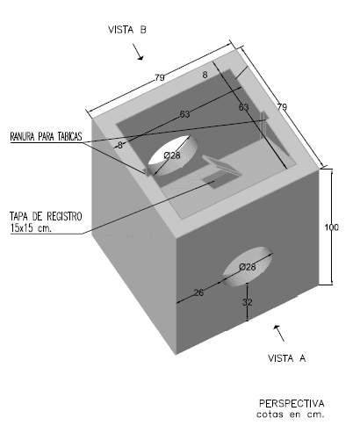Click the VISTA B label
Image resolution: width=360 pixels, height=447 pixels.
click(127, 30)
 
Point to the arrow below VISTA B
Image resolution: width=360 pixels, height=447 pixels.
click(138, 52)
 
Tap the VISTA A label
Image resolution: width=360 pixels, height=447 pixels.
click(286, 358)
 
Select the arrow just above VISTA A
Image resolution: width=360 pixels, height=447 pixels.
click(278, 333)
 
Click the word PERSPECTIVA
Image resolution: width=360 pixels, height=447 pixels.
click(292, 403)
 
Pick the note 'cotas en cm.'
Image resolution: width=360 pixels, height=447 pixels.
click(291, 415)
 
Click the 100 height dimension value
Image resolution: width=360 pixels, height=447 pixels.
click(332, 227)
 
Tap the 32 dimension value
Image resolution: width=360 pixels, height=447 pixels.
click(248, 302)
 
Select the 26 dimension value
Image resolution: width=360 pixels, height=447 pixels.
click(198, 292)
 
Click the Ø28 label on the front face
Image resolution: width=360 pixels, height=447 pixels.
click(248, 267)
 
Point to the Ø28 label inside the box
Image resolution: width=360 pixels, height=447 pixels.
click(172, 155)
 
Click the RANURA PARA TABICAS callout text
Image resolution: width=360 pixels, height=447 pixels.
click(46, 136)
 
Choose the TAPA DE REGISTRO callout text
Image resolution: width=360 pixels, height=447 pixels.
click(46, 216)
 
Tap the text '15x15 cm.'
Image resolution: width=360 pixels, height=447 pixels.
click(31, 228)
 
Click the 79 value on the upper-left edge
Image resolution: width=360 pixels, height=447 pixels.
click(160, 77)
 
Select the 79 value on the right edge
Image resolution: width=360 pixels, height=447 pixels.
click(282, 107)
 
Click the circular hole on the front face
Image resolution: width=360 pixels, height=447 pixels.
click(248, 266)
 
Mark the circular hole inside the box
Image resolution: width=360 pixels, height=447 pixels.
click(173, 155)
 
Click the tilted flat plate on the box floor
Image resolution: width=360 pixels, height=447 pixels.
click(221, 165)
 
